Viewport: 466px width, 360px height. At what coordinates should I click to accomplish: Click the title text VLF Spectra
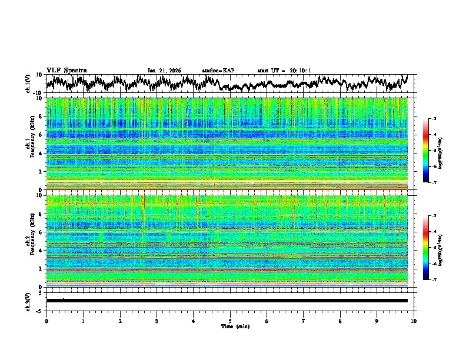coord(66,71)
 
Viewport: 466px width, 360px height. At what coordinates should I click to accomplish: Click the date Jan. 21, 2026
coord(164,71)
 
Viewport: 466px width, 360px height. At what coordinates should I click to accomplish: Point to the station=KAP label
coord(218,71)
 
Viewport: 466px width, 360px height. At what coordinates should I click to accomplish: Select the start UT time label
coord(284,71)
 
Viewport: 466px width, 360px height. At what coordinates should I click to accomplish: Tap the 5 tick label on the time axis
coord(230,321)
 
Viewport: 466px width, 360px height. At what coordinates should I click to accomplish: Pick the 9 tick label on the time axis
coord(377,321)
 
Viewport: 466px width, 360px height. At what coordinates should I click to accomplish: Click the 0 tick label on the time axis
coord(46,321)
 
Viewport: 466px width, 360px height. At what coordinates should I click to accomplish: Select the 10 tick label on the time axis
coord(414,321)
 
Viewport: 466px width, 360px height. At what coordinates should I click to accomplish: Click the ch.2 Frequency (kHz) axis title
coord(29,241)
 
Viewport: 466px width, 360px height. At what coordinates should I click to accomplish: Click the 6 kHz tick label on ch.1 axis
coord(41,135)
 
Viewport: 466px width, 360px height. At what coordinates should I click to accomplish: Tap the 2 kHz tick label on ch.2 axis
coord(41,269)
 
